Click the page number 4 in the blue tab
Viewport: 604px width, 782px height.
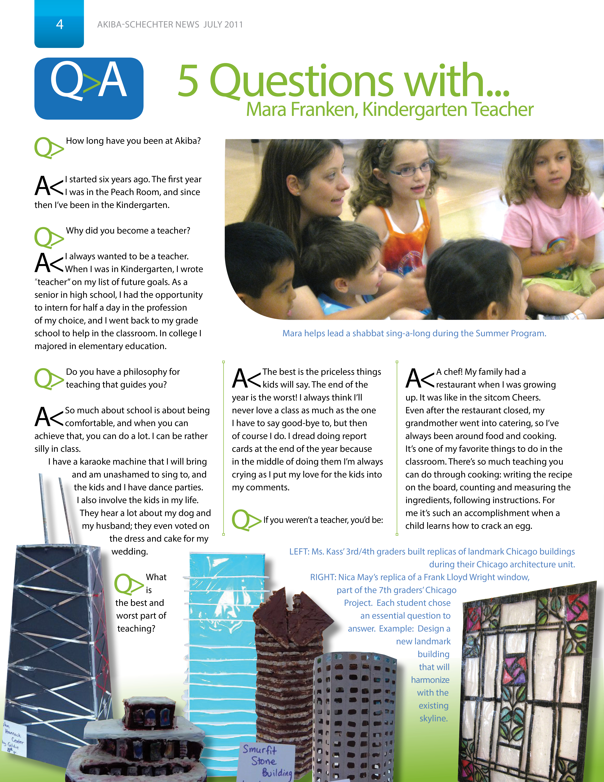59,24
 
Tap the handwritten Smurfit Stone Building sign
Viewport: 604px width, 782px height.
267,761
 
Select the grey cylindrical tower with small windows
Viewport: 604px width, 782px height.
354,716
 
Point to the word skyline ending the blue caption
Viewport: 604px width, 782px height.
433,718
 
